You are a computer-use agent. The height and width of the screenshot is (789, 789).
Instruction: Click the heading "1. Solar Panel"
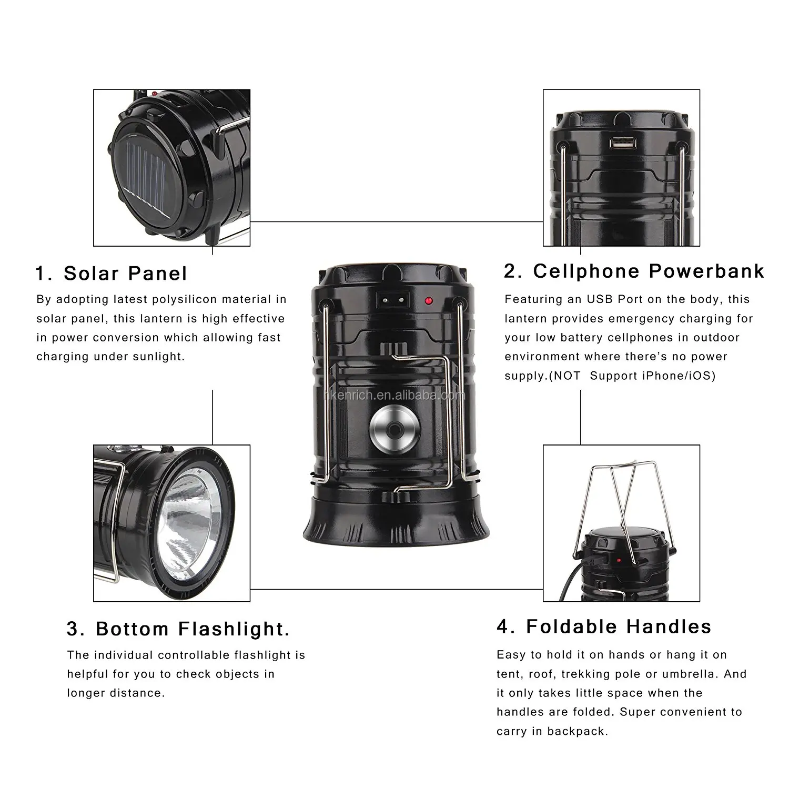point(112,274)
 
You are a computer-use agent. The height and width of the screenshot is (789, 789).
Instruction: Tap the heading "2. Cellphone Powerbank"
point(634,271)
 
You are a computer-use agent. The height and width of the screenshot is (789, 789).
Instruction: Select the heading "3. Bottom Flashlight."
point(178,629)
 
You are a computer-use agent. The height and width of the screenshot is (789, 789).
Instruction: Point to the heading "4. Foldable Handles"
point(604,626)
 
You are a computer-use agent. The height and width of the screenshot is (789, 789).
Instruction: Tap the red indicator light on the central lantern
point(428,301)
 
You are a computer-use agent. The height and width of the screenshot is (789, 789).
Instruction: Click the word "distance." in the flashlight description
point(137,693)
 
